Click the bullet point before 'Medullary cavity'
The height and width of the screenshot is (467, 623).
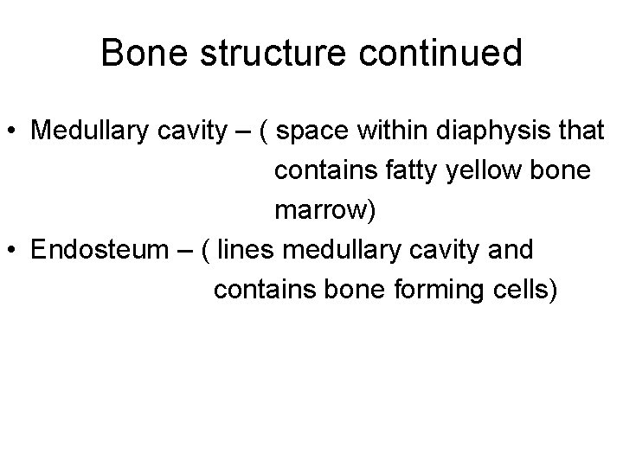[14, 131]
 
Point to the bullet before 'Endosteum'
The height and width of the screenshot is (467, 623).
[14, 252]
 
